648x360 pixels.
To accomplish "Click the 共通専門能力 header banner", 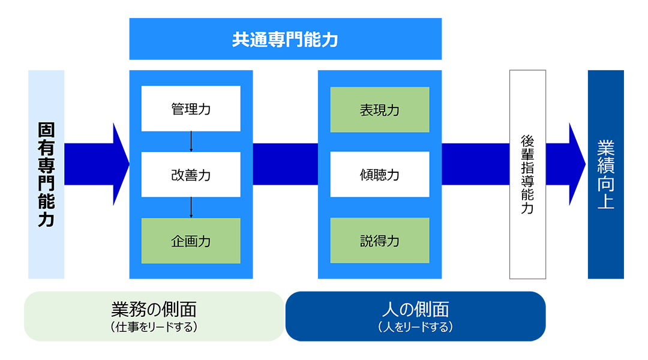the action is [x=285, y=39].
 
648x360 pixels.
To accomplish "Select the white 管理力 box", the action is [x=191, y=109].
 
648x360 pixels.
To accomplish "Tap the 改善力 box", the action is [x=191, y=175].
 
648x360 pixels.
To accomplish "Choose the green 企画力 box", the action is [x=191, y=241].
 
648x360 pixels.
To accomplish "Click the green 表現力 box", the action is [x=380, y=110].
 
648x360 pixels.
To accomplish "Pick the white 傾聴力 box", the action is [x=380, y=175].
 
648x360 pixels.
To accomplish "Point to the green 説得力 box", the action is [x=380, y=241].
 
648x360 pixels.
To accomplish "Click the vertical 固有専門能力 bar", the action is [x=46, y=175].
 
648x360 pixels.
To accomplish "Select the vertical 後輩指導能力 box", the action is [x=528, y=175].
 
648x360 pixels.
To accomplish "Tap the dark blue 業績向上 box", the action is [x=606, y=175].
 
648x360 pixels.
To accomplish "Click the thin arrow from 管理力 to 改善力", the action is [x=191, y=142].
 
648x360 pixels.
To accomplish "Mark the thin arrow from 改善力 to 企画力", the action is [x=191, y=208].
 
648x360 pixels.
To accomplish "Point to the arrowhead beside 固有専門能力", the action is [x=120, y=164].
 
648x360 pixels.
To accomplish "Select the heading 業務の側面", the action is [x=154, y=309].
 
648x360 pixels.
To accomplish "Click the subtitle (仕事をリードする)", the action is [x=154, y=327].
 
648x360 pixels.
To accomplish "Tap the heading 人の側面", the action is [x=415, y=309].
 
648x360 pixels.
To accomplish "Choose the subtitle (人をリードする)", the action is [x=415, y=327].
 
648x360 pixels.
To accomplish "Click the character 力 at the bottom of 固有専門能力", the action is [x=46, y=219].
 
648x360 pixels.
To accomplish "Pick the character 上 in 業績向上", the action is [x=606, y=201].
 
